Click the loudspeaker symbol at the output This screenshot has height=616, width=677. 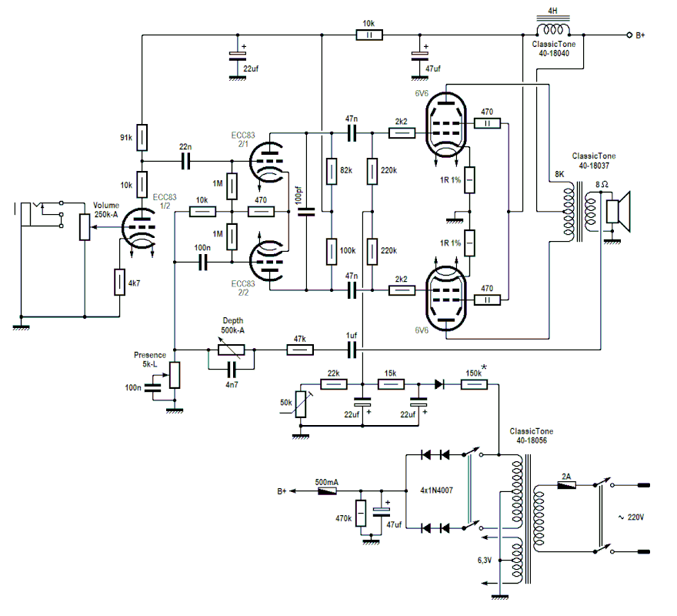(617, 210)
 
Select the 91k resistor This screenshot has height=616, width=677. (142, 136)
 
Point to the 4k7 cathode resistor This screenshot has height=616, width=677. (119, 282)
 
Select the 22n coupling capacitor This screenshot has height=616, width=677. (185, 161)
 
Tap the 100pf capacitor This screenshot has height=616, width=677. (307, 212)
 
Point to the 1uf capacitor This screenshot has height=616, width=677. (352, 350)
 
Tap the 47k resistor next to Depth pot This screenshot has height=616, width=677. (299, 350)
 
